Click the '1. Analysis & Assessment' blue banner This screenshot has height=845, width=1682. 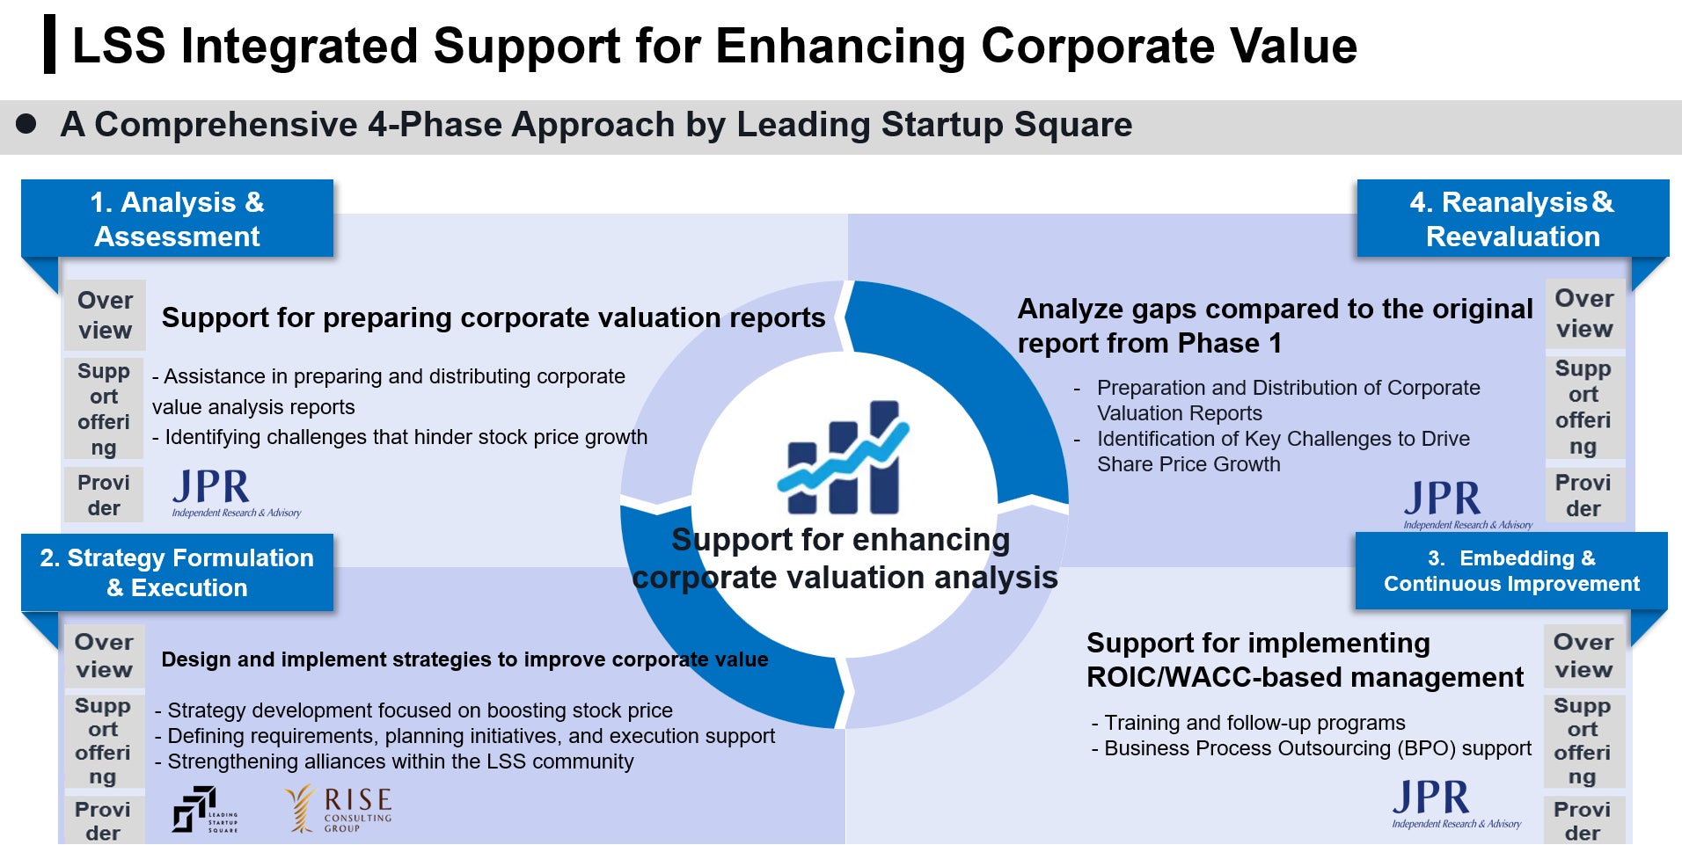pos(177,218)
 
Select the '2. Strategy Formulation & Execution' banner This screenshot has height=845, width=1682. pos(177,572)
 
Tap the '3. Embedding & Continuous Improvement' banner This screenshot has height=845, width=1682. pos(1511,571)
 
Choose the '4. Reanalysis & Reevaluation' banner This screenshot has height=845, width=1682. pos(1513,218)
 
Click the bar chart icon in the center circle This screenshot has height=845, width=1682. pos(843,457)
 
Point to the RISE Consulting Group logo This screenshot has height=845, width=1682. pos(339,808)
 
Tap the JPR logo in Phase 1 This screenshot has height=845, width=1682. pos(236,493)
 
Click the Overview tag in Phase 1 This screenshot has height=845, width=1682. pos(105,315)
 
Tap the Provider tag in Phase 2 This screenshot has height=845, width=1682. pos(103,820)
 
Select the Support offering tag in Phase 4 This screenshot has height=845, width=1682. pos(1583,407)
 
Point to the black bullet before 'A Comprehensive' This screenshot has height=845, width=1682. pos(26,124)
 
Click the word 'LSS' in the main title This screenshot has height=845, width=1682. pos(119,46)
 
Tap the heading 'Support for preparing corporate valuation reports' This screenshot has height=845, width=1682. pos(494,317)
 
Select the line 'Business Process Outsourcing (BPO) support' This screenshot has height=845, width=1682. pos(1312,748)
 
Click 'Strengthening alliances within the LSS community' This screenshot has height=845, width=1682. pos(394,761)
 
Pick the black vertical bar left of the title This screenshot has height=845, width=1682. pos(49,44)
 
